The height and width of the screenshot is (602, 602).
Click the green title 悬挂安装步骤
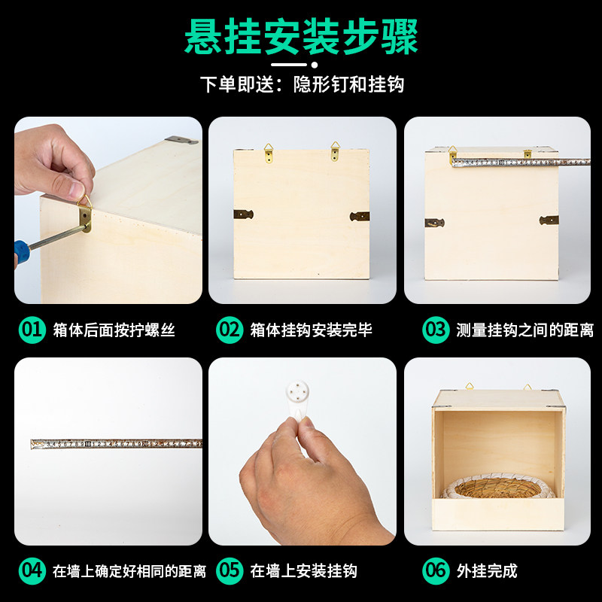click(x=301, y=38)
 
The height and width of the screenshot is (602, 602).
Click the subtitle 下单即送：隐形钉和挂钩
click(x=301, y=84)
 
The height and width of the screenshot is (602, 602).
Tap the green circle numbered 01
click(x=32, y=330)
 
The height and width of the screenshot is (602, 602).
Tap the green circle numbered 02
click(x=230, y=330)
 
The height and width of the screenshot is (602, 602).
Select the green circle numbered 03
click(x=436, y=330)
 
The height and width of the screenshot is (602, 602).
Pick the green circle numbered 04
click(x=32, y=570)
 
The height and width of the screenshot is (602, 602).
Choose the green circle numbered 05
click(x=230, y=570)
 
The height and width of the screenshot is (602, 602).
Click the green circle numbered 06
click(x=436, y=570)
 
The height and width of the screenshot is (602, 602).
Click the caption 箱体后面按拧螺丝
click(x=114, y=330)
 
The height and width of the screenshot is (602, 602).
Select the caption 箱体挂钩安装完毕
click(x=312, y=330)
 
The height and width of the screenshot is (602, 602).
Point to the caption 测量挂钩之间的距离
click(x=524, y=330)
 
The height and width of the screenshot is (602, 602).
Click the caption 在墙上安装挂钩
click(x=303, y=571)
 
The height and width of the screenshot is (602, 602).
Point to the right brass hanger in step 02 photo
click(x=335, y=151)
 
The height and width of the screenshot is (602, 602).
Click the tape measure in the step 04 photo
click(x=117, y=444)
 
